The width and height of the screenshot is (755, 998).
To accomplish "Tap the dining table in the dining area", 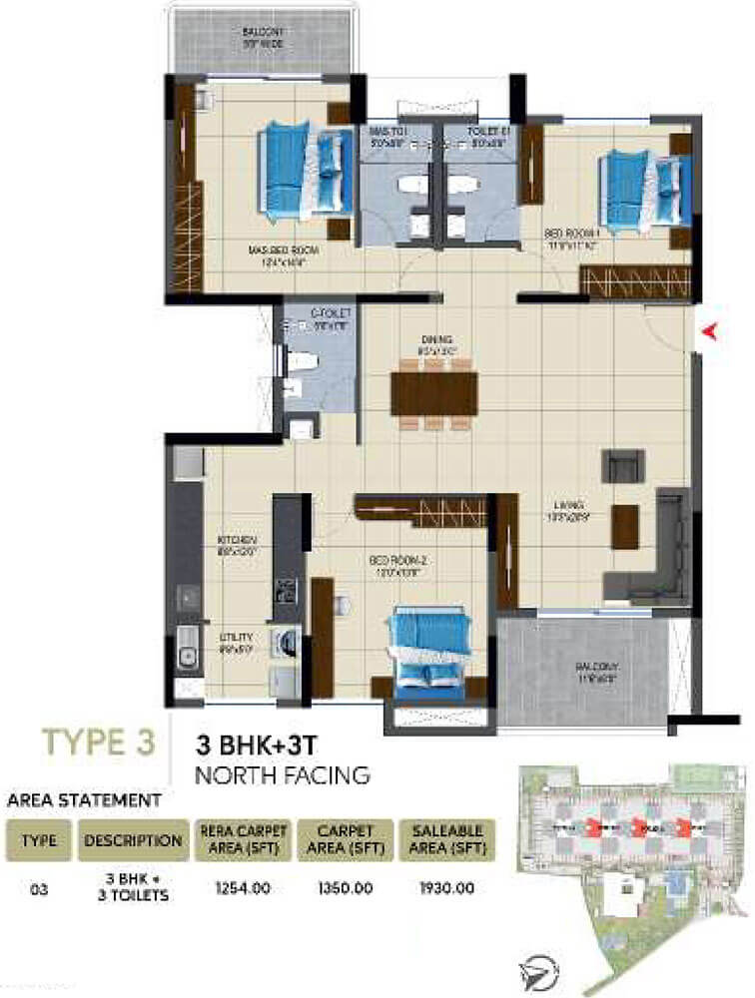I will [x=433, y=393].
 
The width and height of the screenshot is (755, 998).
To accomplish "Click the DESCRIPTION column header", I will [x=134, y=840].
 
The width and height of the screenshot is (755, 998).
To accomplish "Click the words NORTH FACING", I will [x=283, y=773].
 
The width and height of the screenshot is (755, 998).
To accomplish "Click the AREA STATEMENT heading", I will [x=84, y=799].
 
